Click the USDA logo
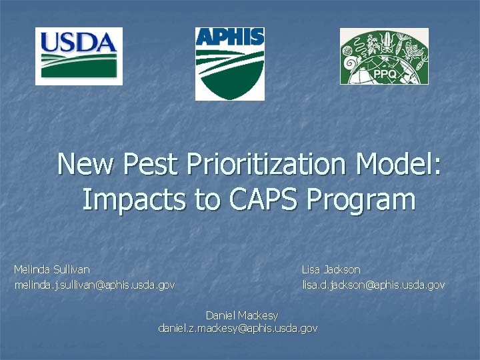point(79,56)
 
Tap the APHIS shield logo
point(229,64)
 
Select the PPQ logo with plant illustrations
point(384,57)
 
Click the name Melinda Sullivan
point(52,269)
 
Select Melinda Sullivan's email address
point(95,285)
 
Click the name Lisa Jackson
point(331,269)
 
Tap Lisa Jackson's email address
point(373,285)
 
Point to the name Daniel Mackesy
point(241,315)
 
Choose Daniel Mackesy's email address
point(237,328)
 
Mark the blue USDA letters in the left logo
point(78,43)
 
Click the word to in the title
point(207,199)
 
